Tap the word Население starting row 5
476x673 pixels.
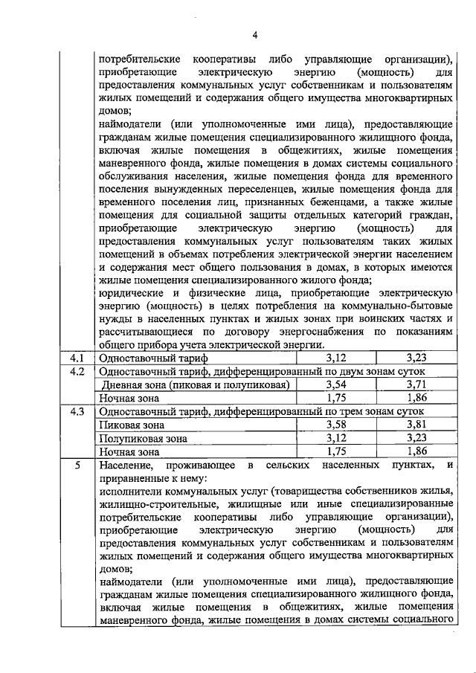pos(125,465)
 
